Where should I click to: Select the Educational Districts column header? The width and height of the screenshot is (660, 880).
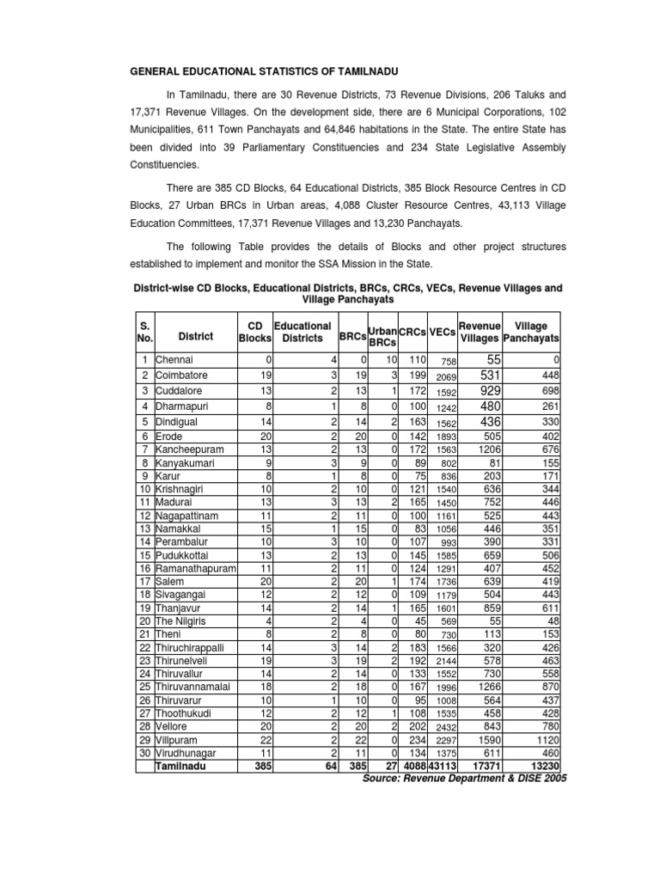pos(302,333)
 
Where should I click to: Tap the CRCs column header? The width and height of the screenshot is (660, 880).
pos(412,332)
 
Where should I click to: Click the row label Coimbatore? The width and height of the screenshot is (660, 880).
pos(180,375)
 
